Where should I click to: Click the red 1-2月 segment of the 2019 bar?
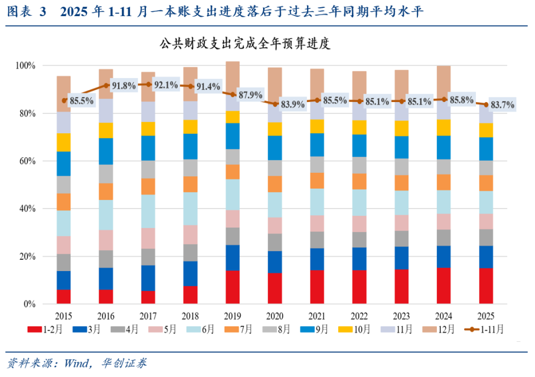click(232, 287)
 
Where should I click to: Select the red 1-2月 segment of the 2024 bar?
click(443, 286)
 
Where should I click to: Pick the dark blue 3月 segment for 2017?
click(148, 278)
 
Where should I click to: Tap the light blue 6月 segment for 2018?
click(190, 209)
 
